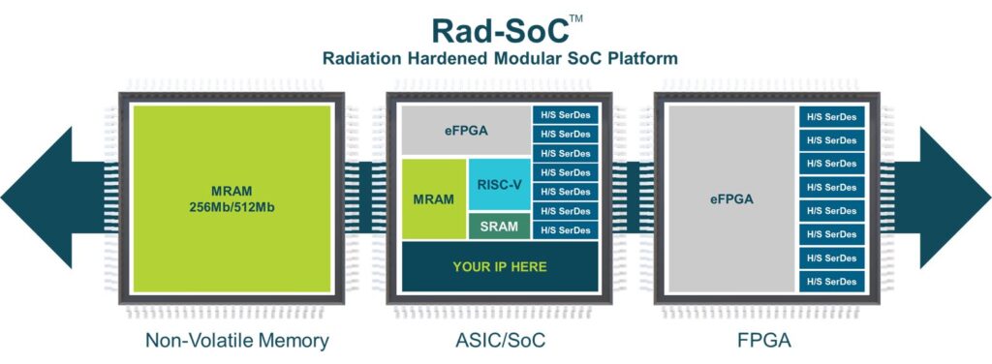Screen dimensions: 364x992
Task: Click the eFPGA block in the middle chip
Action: pyautogui.click(x=464, y=129)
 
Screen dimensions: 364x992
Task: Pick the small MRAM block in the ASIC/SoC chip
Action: pyautogui.click(x=433, y=199)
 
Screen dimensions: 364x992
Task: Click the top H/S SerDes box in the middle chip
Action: pyautogui.click(x=566, y=115)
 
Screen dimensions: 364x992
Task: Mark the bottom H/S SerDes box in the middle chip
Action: pyautogui.click(x=566, y=229)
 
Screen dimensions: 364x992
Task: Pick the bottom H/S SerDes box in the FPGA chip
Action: pyautogui.click(x=831, y=281)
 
